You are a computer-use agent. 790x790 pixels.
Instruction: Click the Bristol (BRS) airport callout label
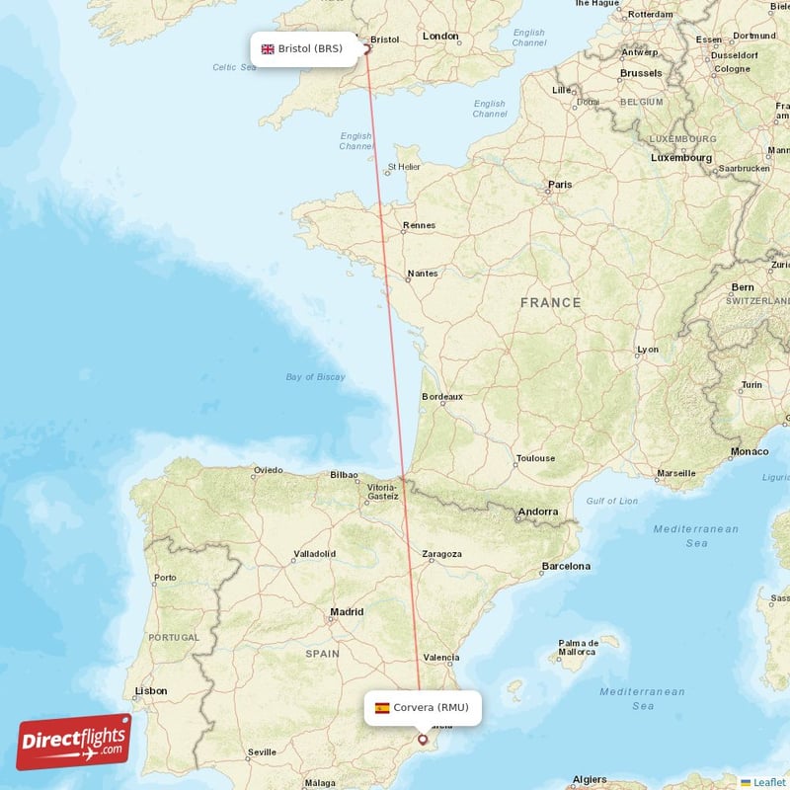[303, 48]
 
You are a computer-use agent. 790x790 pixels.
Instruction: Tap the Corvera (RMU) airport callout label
[423, 707]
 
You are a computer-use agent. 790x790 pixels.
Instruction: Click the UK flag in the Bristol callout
[268, 48]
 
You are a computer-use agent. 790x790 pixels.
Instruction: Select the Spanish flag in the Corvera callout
[382, 707]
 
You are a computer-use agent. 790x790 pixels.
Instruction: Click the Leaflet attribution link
[768, 781]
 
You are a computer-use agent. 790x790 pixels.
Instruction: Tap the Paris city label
[560, 185]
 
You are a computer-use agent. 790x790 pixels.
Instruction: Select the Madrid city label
[347, 612]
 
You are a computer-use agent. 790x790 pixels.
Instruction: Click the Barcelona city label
[566, 566]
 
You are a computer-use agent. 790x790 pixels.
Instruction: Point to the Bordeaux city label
[441, 396]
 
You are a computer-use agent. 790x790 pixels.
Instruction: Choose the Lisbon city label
[151, 690]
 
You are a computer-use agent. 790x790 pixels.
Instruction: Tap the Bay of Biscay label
[315, 376]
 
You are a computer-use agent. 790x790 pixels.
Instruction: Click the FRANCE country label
[551, 302]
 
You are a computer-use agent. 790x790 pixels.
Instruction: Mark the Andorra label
[538, 512]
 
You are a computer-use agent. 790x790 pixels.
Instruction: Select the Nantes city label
[422, 274]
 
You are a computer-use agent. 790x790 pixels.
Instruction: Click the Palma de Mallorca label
[577, 647]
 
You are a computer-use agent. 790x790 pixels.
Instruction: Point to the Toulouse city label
[535, 458]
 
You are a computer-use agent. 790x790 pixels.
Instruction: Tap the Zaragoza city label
[441, 554]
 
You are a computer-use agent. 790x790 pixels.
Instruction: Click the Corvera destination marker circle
[423, 739]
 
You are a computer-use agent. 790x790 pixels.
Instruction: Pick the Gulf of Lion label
[612, 501]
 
